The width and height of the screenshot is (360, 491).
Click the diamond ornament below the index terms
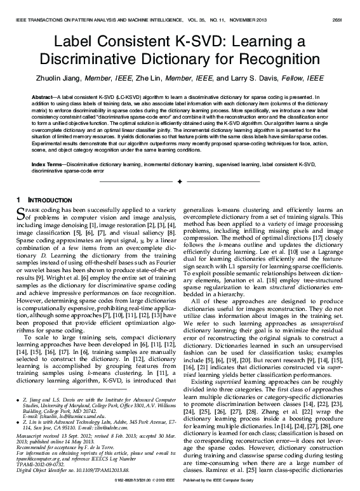(180, 182)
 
